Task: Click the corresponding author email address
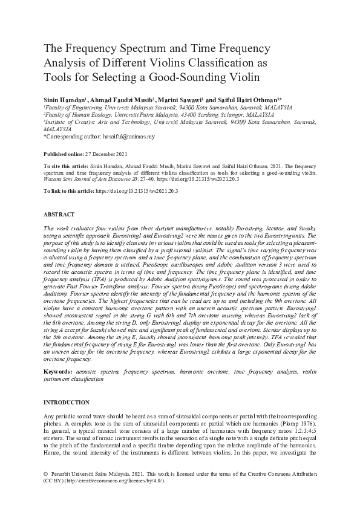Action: point(129,137)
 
